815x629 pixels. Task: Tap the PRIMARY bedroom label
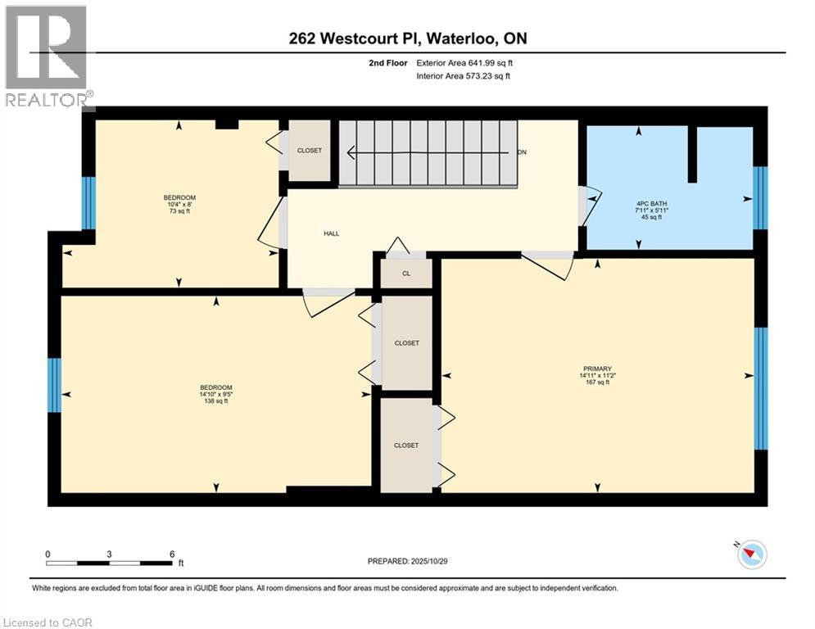coord(597,369)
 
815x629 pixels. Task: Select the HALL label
coord(331,233)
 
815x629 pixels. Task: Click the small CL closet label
coord(405,274)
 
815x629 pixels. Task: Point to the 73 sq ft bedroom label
coord(179,204)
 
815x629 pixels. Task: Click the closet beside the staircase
coord(310,151)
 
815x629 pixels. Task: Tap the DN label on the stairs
coord(522,153)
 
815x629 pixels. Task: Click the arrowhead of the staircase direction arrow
coord(351,152)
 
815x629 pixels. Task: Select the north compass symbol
coord(751,554)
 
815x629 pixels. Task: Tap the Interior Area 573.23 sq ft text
coord(457,75)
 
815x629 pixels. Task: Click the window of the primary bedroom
coord(760,388)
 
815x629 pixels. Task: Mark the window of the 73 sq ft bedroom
coord(88,202)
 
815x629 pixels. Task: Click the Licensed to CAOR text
coord(48,622)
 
